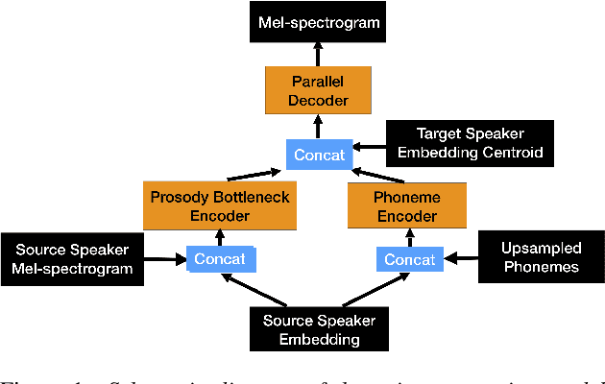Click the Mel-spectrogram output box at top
(x=318, y=20)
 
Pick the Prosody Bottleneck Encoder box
(x=220, y=206)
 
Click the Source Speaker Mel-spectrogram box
(x=73, y=260)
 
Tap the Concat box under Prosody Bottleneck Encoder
(x=220, y=259)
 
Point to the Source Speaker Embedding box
(x=318, y=329)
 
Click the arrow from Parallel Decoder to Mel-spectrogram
(x=318, y=51)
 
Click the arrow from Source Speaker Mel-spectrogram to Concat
(x=166, y=259)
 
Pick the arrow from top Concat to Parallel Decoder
(x=318, y=123)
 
